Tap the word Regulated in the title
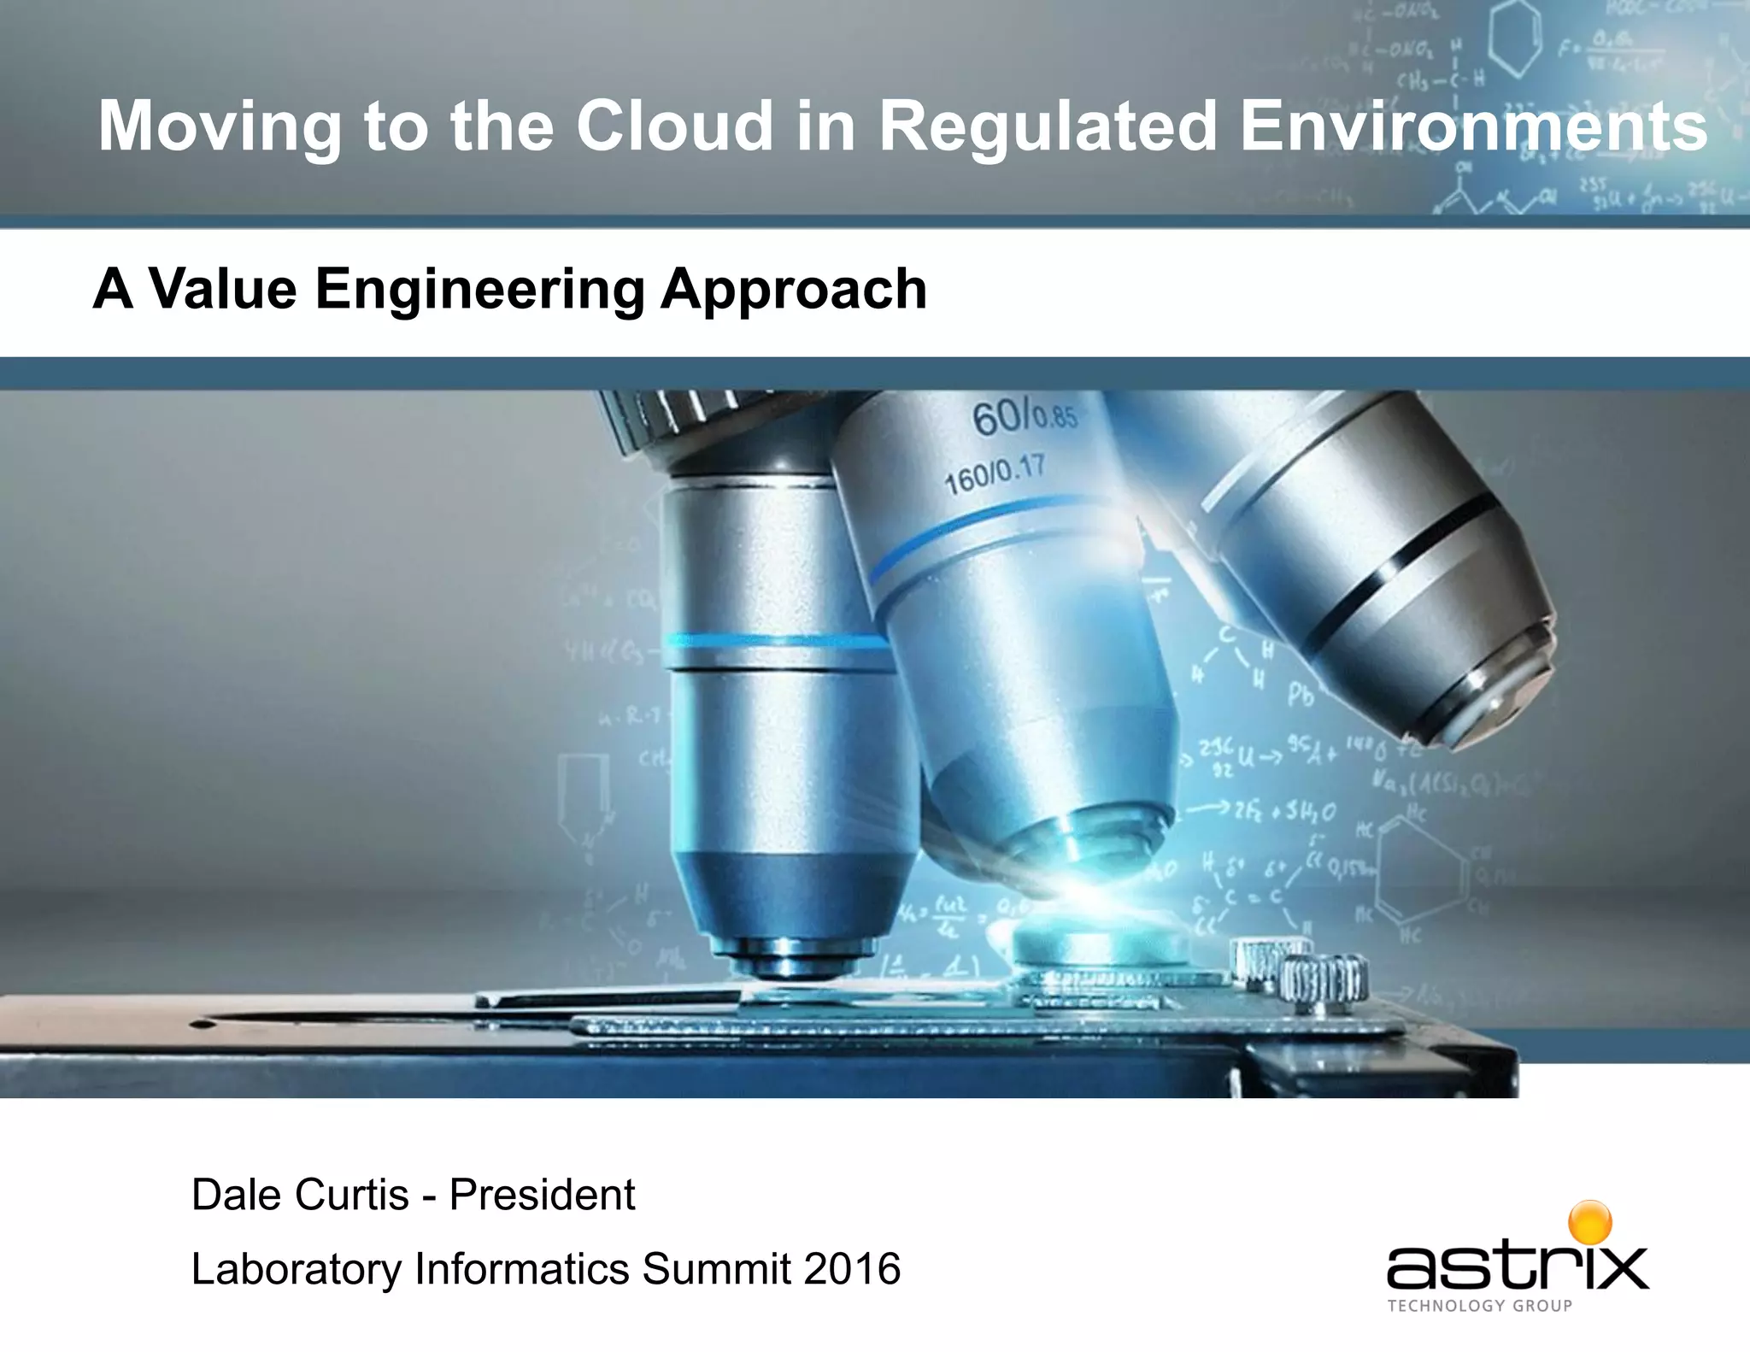1048,126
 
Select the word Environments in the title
1473,126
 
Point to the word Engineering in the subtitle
479,291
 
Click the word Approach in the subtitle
793,291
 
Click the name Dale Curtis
300,1195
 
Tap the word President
542,1195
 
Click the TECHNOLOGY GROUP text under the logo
1480,1306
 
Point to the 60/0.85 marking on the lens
1024,419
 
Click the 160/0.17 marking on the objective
994,475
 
